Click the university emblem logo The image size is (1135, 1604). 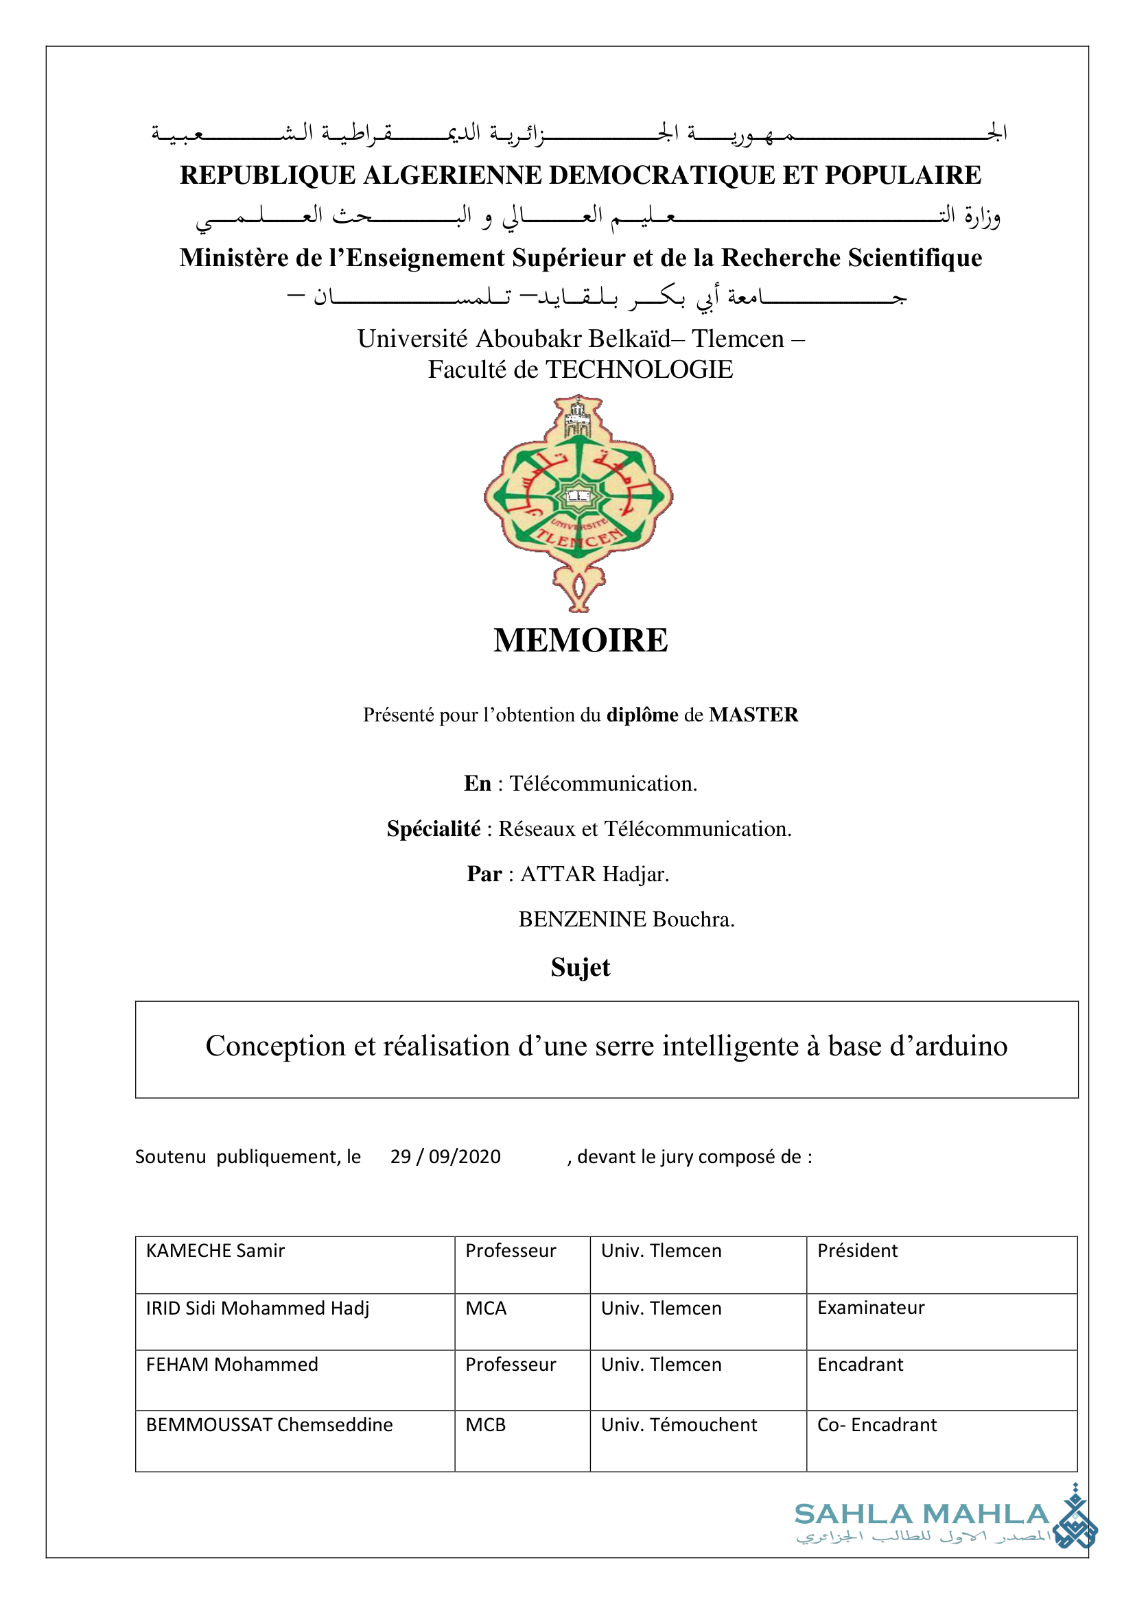(578, 503)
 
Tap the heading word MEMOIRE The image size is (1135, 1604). (580, 641)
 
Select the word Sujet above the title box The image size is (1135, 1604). (580, 968)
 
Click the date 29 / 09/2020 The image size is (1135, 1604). (445, 1157)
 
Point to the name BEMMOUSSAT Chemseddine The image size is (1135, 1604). (269, 1424)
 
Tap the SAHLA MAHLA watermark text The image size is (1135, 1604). (922, 1515)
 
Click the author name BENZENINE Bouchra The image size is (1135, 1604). (627, 920)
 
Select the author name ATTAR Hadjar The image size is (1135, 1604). (595, 874)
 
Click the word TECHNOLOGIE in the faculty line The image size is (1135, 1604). (639, 370)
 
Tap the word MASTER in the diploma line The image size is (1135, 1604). (753, 715)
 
